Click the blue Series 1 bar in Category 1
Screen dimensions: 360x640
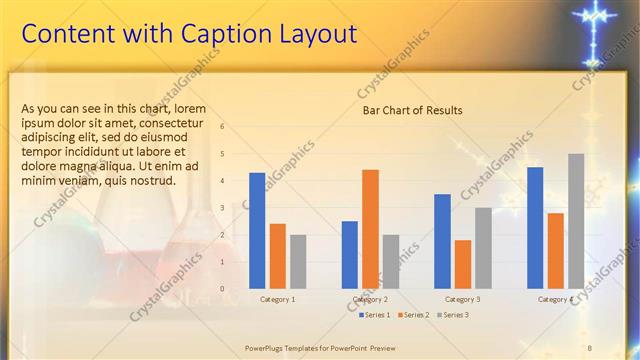(x=257, y=231)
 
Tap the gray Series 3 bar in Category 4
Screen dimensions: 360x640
(x=576, y=221)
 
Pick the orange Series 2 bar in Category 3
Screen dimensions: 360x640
(x=462, y=264)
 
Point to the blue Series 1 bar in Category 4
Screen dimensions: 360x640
(x=535, y=228)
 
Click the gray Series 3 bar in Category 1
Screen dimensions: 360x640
(x=298, y=262)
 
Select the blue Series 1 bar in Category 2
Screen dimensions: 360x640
(x=350, y=255)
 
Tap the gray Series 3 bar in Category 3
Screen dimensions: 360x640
(x=483, y=248)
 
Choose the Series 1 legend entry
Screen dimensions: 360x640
(x=375, y=315)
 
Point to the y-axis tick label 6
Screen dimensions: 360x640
(x=222, y=126)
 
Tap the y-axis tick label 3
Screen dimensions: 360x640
(x=222, y=208)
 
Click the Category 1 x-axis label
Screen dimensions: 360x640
(x=277, y=299)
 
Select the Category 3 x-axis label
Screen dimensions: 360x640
(x=462, y=299)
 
